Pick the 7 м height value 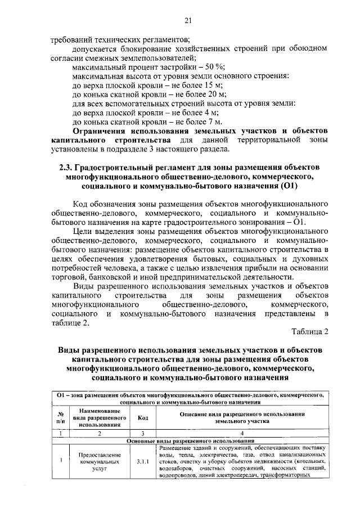click(x=215, y=121)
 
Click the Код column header click(x=143, y=417)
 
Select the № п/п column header click(x=60, y=417)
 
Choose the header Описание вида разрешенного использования click(x=242, y=417)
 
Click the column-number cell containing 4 click(x=242, y=433)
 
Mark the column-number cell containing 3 click(x=143, y=433)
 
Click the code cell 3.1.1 click(x=143, y=462)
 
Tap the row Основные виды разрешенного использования click(x=191, y=440)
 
